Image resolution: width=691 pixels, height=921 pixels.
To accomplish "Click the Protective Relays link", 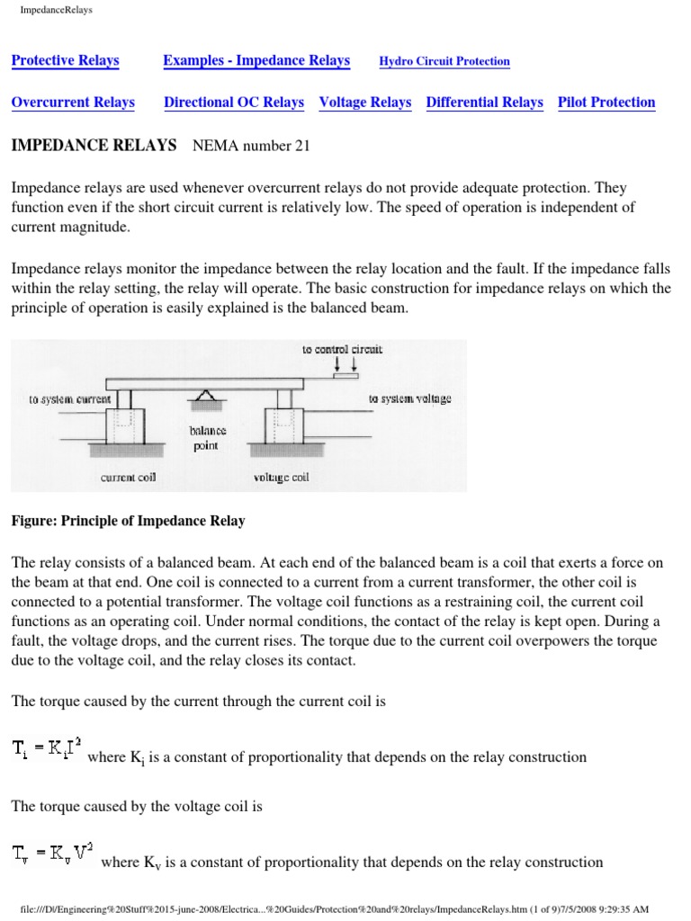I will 65,61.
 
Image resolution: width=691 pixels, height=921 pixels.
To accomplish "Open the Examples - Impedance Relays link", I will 256,61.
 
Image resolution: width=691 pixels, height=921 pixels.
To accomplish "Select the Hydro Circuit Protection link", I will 444,62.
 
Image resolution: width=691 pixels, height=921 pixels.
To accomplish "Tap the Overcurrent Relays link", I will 73,103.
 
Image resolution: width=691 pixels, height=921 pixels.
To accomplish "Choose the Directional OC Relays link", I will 234,103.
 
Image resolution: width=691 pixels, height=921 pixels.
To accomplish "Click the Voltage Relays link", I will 365,103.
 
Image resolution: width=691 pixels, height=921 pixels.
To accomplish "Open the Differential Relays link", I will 484,103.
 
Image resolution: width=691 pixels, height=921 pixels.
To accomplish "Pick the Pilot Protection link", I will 606,103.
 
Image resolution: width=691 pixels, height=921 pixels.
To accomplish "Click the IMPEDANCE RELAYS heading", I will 94,146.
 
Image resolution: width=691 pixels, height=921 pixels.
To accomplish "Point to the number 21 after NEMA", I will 301,147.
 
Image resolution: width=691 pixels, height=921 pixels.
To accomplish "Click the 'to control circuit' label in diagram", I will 342,350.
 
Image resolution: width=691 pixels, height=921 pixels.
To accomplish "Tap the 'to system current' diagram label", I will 70,398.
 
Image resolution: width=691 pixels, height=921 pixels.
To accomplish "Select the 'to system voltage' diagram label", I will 409,398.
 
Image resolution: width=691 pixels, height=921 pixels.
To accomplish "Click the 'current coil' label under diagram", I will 128,478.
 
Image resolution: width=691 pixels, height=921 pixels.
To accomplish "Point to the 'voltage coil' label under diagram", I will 282,478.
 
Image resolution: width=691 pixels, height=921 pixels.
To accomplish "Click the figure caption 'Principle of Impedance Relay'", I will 129,522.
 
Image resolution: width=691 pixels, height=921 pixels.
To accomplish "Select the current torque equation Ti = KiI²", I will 47,747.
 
